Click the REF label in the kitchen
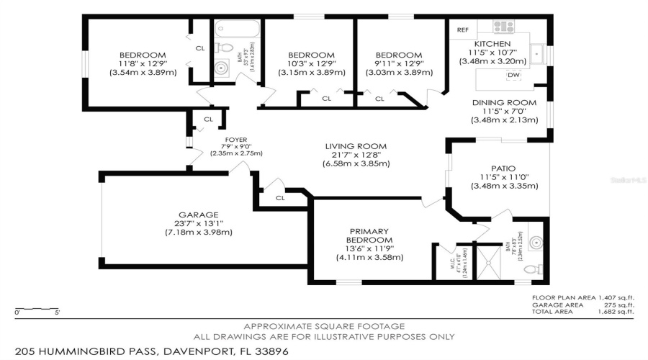pyautogui.click(x=462, y=30)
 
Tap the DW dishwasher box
pyautogui.click(x=513, y=76)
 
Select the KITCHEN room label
pyautogui.click(x=492, y=44)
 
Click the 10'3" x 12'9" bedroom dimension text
pyautogui.click(x=311, y=64)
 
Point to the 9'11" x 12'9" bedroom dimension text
pyautogui.click(x=398, y=64)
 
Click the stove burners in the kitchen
pyautogui.click(x=503, y=27)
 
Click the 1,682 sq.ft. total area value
pyautogui.click(x=617, y=312)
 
